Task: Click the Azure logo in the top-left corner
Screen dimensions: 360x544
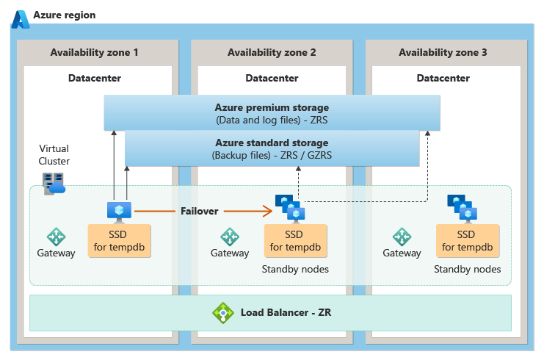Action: [21, 18]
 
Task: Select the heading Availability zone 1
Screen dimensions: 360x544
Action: [94, 53]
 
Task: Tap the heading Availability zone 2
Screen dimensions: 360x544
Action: [272, 53]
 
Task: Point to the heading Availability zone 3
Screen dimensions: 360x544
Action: [443, 53]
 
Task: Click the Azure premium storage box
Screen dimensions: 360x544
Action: [272, 113]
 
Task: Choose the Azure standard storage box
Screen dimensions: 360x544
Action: [272, 148]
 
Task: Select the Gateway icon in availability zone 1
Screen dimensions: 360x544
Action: [57, 237]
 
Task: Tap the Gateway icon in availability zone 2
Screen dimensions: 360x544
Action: [230, 237]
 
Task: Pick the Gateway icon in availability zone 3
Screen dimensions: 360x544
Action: [402, 237]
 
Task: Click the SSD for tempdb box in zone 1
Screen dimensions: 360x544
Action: [119, 240]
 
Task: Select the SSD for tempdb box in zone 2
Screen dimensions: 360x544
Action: [294, 240]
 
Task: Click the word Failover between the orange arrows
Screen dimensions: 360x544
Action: [200, 211]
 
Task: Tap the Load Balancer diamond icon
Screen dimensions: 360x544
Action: [222, 313]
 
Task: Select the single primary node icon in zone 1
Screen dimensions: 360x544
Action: [118, 211]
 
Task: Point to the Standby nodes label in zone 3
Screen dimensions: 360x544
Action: [467, 270]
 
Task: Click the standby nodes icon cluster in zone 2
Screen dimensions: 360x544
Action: [290, 207]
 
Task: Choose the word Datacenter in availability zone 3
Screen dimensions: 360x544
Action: [443, 78]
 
